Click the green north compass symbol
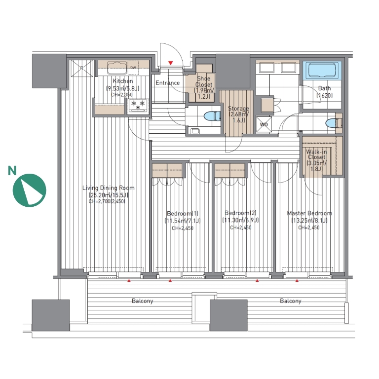[x=29, y=190]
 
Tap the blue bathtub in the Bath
[x=322, y=71]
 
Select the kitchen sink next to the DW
[x=117, y=68]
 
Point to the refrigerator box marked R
[x=82, y=68]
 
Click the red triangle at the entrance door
[x=171, y=63]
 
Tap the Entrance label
[x=167, y=83]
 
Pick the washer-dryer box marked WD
[x=264, y=124]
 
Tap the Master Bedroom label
[x=309, y=213]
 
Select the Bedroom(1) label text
[x=183, y=213]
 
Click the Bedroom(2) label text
[x=240, y=213]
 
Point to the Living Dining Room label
[x=108, y=188]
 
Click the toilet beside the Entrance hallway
[x=212, y=116]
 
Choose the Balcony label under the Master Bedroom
[x=291, y=301]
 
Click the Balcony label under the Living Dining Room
[x=142, y=301]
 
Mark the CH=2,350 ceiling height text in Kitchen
[x=122, y=95]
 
